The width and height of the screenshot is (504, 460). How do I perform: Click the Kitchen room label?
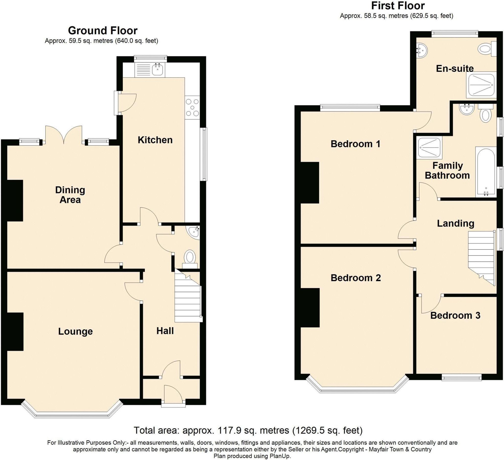click(155, 140)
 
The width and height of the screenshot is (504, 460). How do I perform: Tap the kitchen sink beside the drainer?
click(157, 69)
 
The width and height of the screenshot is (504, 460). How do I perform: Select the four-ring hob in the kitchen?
click(192, 108)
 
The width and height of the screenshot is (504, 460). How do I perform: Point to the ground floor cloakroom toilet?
click(190, 258)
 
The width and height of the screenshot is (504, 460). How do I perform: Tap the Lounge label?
click(75, 331)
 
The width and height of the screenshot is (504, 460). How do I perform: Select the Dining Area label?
click(70, 194)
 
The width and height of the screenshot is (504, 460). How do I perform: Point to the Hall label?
click(165, 331)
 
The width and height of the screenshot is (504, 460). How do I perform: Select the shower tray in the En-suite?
click(481, 85)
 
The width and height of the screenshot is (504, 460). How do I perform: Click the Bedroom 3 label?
click(455, 315)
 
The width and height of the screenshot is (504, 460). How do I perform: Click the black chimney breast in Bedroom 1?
click(310, 182)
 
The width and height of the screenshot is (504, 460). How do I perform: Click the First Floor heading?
click(398, 6)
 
